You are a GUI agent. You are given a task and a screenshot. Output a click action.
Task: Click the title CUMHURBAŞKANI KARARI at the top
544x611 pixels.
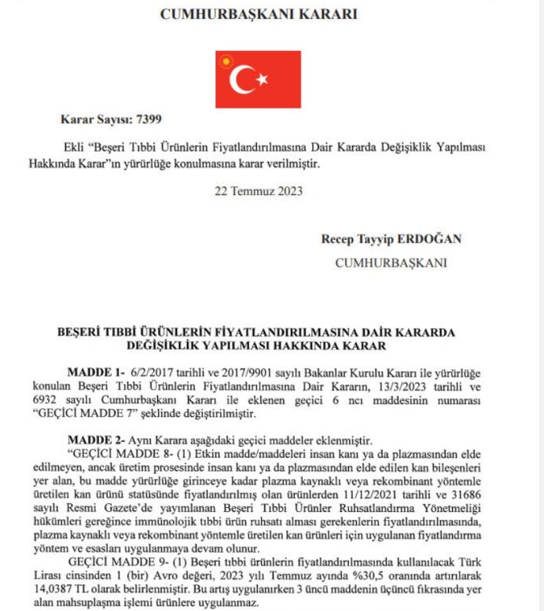[x=259, y=14]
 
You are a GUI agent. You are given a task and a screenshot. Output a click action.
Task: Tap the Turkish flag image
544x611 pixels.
[x=258, y=79]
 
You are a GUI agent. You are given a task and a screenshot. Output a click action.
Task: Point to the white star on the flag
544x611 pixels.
[x=263, y=79]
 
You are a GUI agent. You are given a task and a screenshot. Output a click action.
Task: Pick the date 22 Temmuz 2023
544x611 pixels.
[x=259, y=190]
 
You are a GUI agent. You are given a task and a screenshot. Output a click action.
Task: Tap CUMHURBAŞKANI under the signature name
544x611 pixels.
[x=391, y=263]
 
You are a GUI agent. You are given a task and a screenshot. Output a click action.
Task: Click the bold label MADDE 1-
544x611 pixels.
[x=94, y=372]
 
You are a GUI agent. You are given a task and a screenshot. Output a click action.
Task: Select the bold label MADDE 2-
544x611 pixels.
[x=94, y=438]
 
